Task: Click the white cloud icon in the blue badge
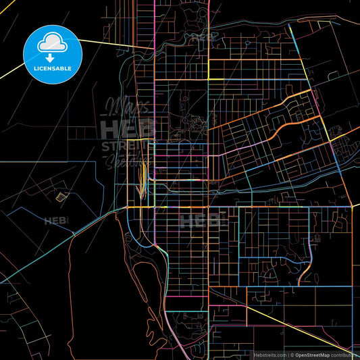click(51, 42)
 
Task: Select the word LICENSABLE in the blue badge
click(51, 68)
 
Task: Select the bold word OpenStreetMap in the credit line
click(317, 354)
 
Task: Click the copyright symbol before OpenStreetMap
click(292, 354)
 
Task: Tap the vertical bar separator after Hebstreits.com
click(286, 354)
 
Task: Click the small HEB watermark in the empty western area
click(56, 220)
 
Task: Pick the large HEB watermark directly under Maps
click(126, 128)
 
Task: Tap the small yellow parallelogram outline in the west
click(62, 197)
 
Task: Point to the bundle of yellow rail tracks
click(142, 177)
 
